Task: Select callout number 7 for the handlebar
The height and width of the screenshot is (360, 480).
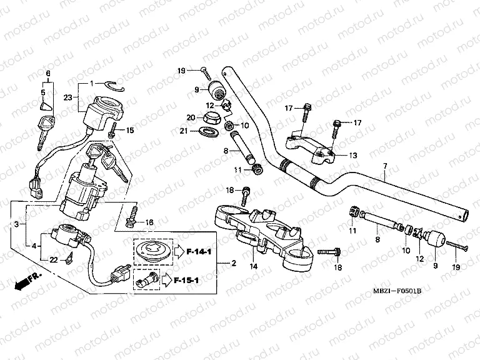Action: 385,166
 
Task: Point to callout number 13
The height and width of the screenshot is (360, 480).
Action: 354,155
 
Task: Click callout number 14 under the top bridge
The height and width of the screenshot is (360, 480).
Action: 254,266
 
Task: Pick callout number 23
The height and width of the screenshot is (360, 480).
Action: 68,96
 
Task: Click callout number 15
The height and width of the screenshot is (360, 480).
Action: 131,130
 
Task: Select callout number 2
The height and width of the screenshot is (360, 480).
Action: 234,263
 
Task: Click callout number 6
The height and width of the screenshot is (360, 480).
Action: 47,74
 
